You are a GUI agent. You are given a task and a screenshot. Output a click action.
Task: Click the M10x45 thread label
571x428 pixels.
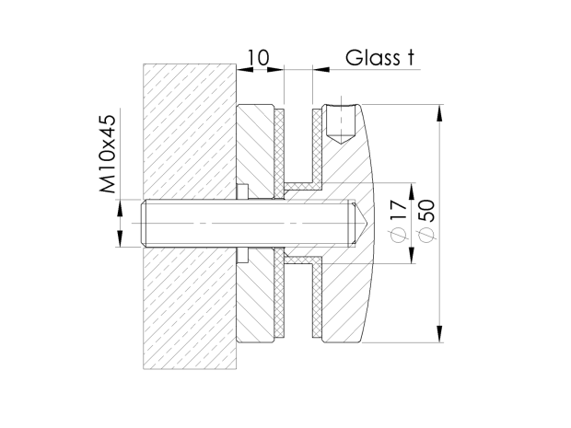click(x=108, y=154)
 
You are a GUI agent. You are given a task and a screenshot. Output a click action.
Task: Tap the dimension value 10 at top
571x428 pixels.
click(x=259, y=57)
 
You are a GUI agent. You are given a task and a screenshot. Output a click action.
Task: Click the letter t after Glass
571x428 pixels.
click(x=410, y=57)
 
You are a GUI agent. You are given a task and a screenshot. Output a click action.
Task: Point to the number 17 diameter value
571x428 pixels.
click(x=399, y=210)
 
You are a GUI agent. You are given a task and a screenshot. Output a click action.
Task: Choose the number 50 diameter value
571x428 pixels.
click(x=426, y=211)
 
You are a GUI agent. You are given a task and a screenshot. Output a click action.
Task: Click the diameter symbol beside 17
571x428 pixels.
click(x=399, y=235)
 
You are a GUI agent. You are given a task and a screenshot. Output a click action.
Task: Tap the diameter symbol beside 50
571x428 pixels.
click(x=426, y=235)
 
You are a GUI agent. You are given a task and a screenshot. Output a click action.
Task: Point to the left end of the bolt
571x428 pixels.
click(x=141, y=223)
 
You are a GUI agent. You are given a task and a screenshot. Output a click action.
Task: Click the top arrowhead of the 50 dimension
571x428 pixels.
click(x=440, y=112)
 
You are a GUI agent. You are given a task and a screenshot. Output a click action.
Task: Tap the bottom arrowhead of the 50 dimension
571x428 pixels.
click(x=440, y=334)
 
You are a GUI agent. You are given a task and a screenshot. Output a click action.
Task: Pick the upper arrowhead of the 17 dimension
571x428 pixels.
click(x=412, y=191)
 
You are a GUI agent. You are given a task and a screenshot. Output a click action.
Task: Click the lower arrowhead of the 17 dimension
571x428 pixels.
click(x=412, y=256)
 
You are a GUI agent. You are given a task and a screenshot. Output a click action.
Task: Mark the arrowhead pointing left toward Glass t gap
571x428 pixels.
click(x=321, y=69)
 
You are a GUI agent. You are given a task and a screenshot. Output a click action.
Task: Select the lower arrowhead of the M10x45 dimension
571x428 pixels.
click(x=120, y=238)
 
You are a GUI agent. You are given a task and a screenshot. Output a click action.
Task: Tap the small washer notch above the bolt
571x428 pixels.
click(x=242, y=192)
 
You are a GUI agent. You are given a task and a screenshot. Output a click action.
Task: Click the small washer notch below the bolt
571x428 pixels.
click(x=242, y=255)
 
